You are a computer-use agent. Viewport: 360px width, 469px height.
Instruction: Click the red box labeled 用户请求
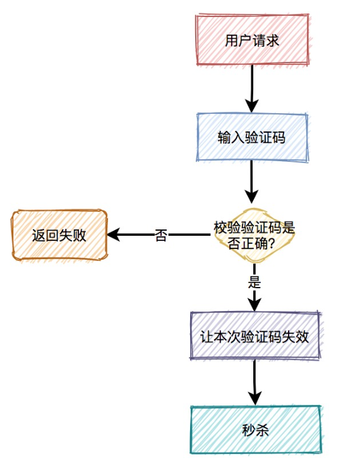(x=252, y=40)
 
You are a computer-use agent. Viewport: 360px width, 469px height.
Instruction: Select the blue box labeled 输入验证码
(x=252, y=137)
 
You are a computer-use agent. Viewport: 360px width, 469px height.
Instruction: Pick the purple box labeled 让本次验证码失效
(x=255, y=336)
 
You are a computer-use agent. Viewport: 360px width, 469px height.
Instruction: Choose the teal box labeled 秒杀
(x=255, y=430)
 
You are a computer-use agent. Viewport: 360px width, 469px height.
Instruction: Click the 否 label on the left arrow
(x=161, y=235)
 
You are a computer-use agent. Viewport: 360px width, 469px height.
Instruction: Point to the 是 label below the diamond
(x=255, y=283)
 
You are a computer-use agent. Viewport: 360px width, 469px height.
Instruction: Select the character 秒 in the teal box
(x=248, y=430)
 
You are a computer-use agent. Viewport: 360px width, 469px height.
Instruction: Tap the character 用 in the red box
(x=232, y=40)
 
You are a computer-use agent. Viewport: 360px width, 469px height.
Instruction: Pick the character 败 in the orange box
(x=79, y=236)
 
